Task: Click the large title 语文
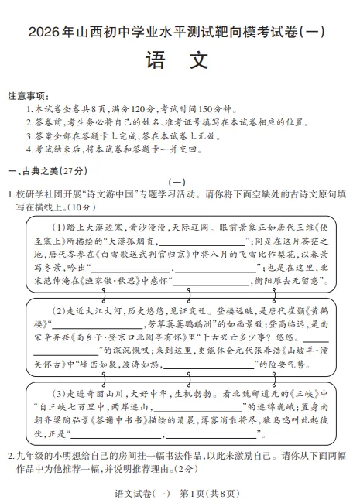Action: pos(179,60)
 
